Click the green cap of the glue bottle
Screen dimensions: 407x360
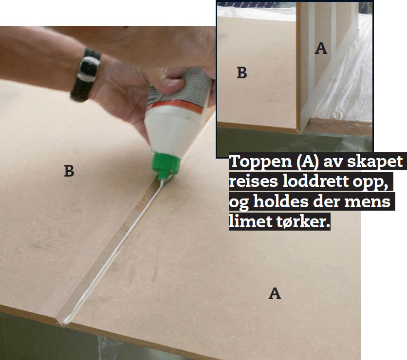click(165, 165)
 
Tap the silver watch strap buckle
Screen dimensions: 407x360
click(89, 69)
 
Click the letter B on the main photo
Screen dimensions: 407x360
click(69, 171)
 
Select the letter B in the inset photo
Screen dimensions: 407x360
click(242, 72)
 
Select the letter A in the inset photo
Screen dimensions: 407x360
click(321, 48)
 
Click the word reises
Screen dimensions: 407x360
click(253, 181)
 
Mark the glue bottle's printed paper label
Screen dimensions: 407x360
click(182, 88)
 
